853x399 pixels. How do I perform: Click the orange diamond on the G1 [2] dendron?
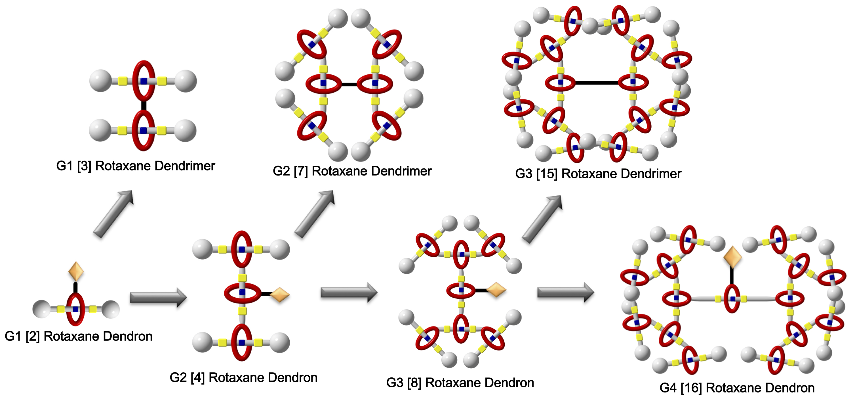pos(76,271)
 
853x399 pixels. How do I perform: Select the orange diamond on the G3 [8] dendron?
pos(496,290)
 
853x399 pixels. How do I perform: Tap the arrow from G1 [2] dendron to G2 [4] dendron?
pos(158,297)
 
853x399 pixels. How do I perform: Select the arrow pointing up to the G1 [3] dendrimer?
pos(113,214)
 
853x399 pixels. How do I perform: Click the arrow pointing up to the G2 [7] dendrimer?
pos(314,214)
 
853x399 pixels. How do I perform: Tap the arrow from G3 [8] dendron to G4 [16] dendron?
pos(566,292)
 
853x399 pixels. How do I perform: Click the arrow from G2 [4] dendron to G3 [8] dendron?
pos(349,292)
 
